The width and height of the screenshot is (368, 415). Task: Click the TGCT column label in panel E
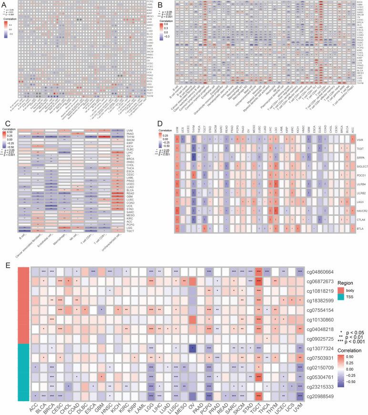pyautogui.click(x=259, y=405)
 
